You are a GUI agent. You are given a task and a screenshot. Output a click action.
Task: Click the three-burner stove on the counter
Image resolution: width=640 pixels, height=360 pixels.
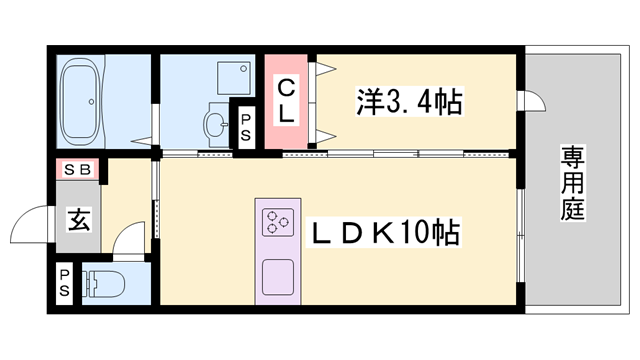tap(277, 221)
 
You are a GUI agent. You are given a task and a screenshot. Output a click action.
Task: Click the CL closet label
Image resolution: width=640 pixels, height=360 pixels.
tap(287, 100)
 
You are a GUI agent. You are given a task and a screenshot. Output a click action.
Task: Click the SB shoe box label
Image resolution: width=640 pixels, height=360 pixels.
tap(78, 169)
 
